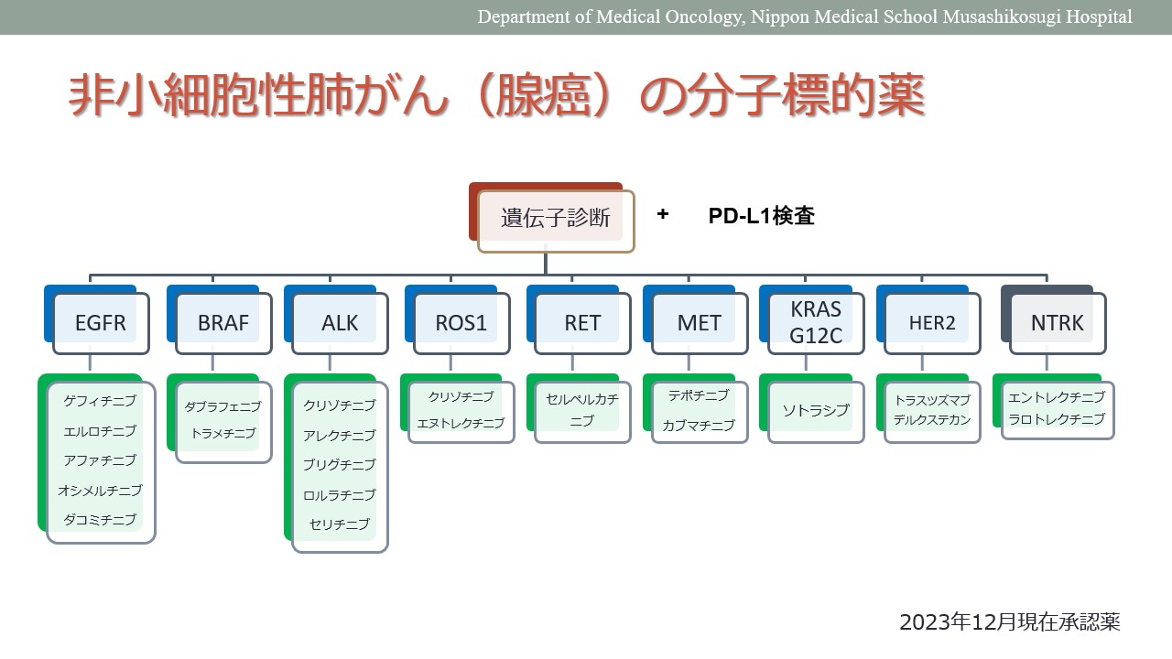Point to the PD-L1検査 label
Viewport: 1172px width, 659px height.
tap(761, 215)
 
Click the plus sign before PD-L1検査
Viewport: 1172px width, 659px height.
tap(663, 214)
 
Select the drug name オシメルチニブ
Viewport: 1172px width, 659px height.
tap(100, 490)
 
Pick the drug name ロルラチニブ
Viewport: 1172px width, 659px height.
tap(340, 495)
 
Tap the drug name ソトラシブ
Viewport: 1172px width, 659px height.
tap(816, 411)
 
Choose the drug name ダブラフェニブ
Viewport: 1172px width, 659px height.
tap(222, 406)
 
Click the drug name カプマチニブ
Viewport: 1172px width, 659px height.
tap(699, 426)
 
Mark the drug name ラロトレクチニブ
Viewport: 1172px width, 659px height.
tap(1057, 419)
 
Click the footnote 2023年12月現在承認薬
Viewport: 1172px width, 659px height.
tap(1010, 622)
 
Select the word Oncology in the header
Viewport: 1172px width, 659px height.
tap(704, 16)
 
